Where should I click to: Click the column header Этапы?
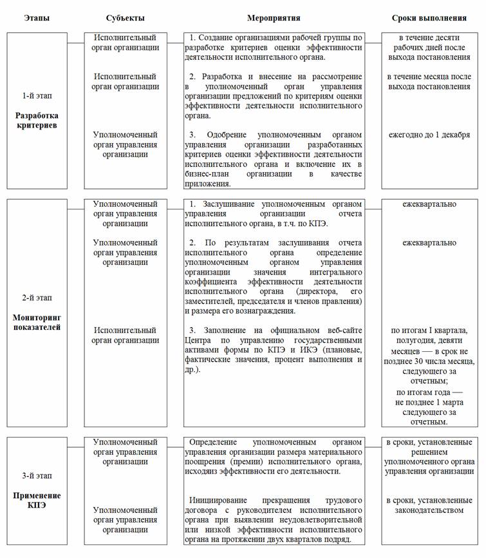pyautogui.click(x=37, y=18)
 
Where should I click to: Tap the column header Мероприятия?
pyautogui.click(x=274, y=18)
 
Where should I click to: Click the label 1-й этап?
pyautogui.click(x=37, y=96)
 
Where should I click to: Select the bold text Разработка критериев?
pyautogui.click(x=37, y=120)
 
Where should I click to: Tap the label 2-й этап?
pyautogui.click(x=37, y=298)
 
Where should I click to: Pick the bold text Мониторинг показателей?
pyautogui.click(x=37, y=322)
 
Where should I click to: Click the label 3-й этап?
pyautogui.click(x=37, y=476)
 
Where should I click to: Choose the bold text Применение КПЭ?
pyautogui.click(x=37, y=501)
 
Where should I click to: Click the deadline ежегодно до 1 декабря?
pyautogui.click(x=429, y=135)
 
